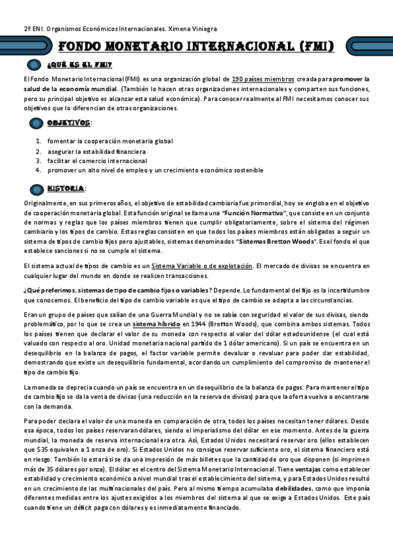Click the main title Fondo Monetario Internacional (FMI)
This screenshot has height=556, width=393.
point(196,46)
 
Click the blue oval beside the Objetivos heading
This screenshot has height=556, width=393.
point(35,123)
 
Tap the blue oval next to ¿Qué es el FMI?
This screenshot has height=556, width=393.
point(35,64)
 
